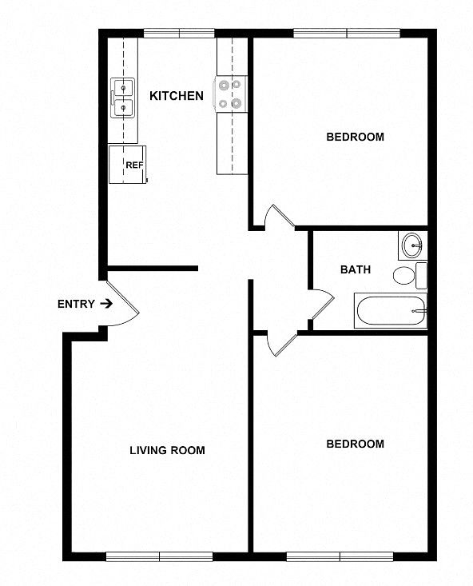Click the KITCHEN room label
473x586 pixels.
pyautogui.click(x=177, y=96)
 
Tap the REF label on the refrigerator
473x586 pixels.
pyautogui.click(x=134, y=165)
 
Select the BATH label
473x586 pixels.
pyautogui.click(x=356, y=269)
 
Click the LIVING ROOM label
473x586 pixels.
pyautogui.click(x=167, y=450)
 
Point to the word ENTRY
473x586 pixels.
pyautogui.click(x=76, y=305)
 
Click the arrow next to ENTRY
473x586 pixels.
pyautogui.click(x=106, y=304)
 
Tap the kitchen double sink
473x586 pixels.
pyautogui.click(x=122, y=98)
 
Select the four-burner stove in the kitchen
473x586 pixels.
pyautogui.click(x=230, y=94)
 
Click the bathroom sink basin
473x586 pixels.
pyautogui.click(x=412, y=245)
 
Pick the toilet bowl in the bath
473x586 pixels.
pyautogui.click(x=403, y=276)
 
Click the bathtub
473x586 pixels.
pyautogui.click(x=391, y=311)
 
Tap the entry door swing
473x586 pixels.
pyautogui.click(x=122, y=304)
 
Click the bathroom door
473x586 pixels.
pyautogui.click(x=322, y=305)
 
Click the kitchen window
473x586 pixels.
pyautogui.click(x=179, y=34)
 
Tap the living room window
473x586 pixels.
pyautogui.click(x=160, y=557)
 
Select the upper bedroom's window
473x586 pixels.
pyautogui.click(x=347, y=34)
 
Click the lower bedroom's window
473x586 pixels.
pyautogui.click(x=340, y=557)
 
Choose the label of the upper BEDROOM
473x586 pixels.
pyautogui.click(x=355, y=137)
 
